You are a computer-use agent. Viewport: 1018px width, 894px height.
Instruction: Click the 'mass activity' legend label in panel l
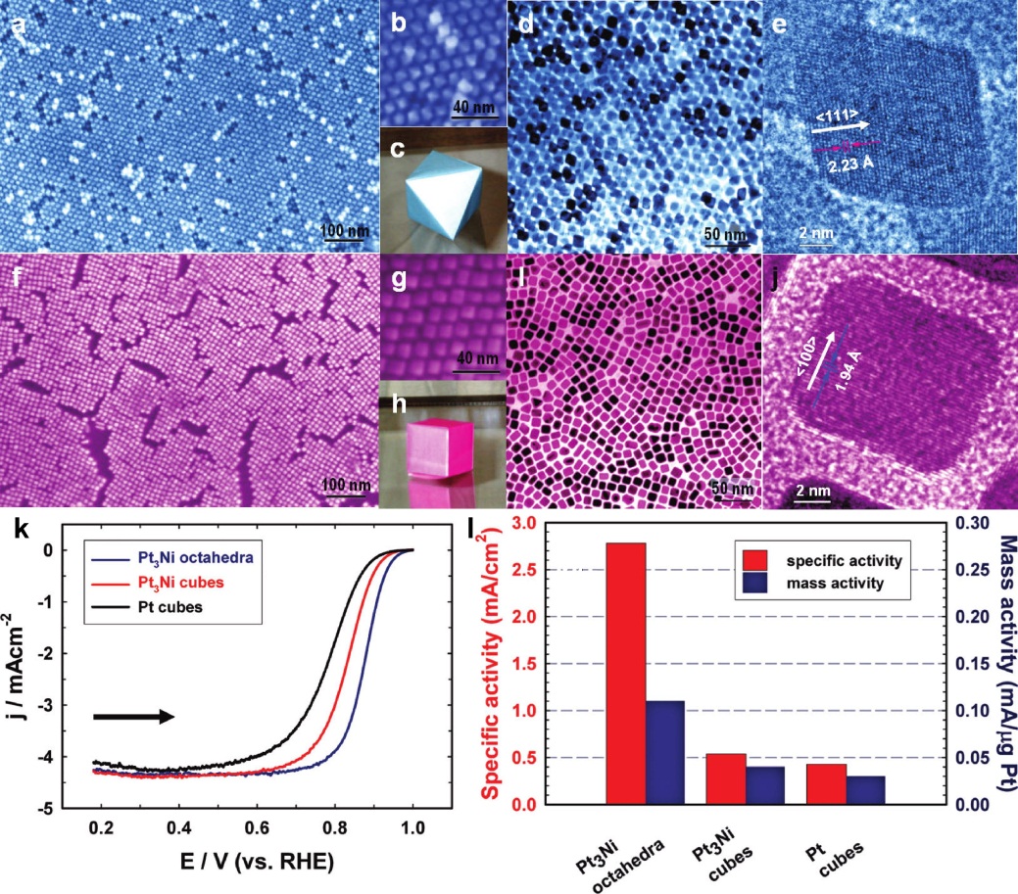[833, 585]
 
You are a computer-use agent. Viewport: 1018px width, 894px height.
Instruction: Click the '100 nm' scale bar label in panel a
[344, 232]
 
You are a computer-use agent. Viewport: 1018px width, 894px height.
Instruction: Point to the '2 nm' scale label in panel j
[813, 487]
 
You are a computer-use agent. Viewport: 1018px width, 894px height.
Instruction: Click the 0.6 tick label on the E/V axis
[257, 828]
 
